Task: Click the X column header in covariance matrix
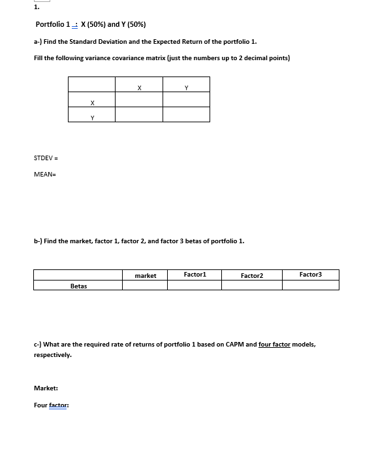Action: pyautogui.click(x=140, y=86)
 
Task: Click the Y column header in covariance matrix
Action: pyautogui.click(x=187, y=86)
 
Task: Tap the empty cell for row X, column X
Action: pyautogui.click(x=140, y=100)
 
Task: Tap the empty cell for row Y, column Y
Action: pyautogui.click(x=187, y=115)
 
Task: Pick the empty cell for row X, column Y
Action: pyautogui.click(x=187, y=100)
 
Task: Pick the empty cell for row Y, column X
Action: pyautogui.click(x=140, y=115)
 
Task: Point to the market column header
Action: pyautogui.click(x=145, y=275)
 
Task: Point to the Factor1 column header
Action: pyautogui.click(x=195, y=275)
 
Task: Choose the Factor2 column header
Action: pyautogui.click(x=252, y=275)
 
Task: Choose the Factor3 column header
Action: pyautogui.click(x=311, y=275)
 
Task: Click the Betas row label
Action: pyautogui.click(x=78, y=286)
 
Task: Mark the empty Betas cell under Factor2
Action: pyautogui.click(x=252, y=285)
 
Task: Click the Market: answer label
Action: pyautogui.click(x=45, y=389)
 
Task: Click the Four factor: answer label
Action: pyautogui.click(x=51, y=405)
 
